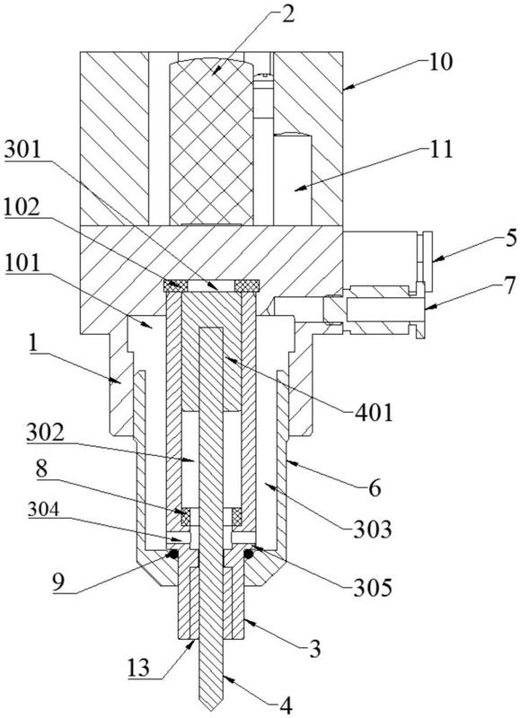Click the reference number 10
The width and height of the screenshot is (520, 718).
tap(440, 62)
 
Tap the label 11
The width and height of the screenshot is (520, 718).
tap(441, 149)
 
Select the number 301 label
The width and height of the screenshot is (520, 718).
tap(22, 150)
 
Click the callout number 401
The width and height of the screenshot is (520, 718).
tap(374, 413)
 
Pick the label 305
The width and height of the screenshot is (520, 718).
tap(373, 588)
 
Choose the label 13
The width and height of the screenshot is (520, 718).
tap(139, 668)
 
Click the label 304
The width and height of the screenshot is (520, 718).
tap(43, 509)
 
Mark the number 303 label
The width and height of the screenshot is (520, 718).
tap(373, 530)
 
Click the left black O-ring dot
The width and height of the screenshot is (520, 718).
tap(173, 554)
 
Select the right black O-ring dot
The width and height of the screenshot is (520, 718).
tap(248, 554)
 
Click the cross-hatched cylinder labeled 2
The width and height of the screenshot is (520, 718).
tap(211, 141)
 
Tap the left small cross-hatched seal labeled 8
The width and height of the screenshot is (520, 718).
tap(186, 517)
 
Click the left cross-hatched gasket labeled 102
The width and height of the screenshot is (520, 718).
tap(176, 285)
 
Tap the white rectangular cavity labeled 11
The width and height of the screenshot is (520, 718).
tap(292, 179)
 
